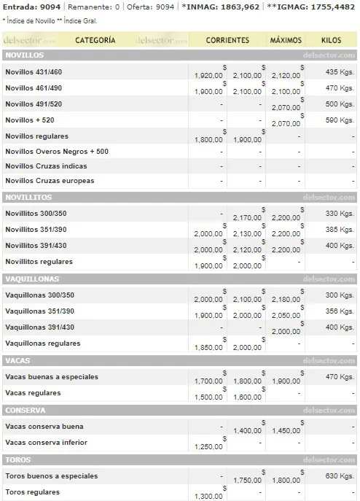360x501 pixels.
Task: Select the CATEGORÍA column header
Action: (x=95, y=39)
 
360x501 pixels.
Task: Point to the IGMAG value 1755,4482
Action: (x=328, y=7)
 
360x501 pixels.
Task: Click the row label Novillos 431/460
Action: (x=34, y=71)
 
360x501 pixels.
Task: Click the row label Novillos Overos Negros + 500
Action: (x=57, y=152)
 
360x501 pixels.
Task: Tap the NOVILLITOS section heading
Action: (x=28, y=197)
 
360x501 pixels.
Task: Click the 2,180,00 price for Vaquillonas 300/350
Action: (x=286, y=299)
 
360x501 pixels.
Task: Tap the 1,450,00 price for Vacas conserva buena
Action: (x=286, y=430)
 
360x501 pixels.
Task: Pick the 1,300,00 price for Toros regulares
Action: (x=209, y=496)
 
